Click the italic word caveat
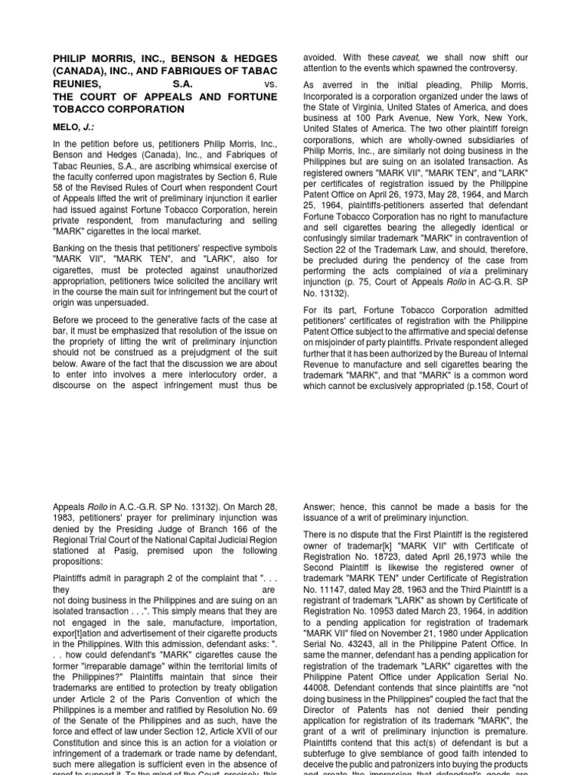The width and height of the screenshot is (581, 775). [407, 57]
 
